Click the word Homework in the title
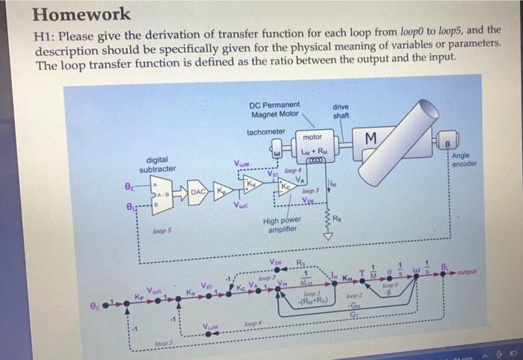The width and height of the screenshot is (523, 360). tap(81, 13)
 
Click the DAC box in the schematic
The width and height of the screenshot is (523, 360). tap(198, 193)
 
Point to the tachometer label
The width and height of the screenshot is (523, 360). tap(266, 131)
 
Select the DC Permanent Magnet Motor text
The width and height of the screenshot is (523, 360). tap(275, 109)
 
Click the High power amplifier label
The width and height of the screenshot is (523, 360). tap(282, 226)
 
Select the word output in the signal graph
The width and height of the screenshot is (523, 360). tap(471, 272)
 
